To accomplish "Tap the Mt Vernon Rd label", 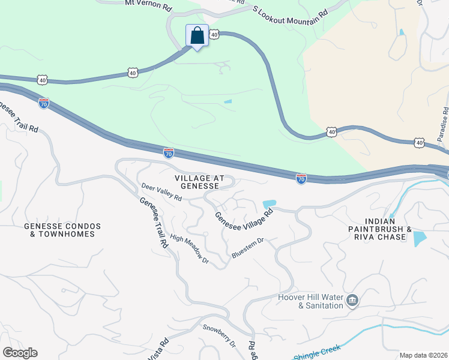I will [x=148, y=3].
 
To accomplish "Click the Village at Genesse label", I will [x=199, y=182].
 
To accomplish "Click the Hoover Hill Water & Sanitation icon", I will [x=352, y=299].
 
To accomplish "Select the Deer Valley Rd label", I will [x=161, y=193].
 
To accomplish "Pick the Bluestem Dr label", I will [x=247, y=249].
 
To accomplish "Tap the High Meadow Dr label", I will [x=189, y=249].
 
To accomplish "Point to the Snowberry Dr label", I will [x=219, y=336].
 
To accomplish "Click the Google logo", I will [x=20, y=353].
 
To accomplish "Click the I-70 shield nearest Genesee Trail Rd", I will [x=43, y=104].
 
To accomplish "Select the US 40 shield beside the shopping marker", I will [x=214, y=35].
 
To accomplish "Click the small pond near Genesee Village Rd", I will [x=270, y=204].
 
